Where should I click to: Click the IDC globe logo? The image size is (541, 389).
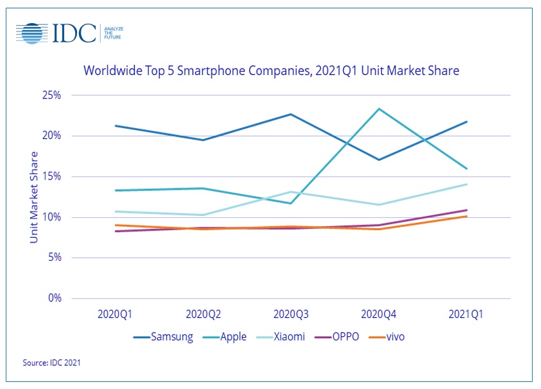click(33, 33)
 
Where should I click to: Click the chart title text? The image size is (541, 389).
click(271, 70)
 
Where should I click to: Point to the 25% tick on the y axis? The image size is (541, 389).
click(52, 95)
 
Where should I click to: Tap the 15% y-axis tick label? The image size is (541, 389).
click(52, 177)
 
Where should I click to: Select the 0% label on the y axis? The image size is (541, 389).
click(55, 299)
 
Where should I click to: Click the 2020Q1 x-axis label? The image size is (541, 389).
click(116, 315)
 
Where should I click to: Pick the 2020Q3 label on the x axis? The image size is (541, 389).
click(291, 315)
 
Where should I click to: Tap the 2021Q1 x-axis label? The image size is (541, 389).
click(467, 315)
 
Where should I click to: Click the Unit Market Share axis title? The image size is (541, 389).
click(34, 197)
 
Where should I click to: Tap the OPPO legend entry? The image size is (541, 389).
click(339, 336)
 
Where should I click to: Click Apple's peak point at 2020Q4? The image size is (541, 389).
click(379, 109)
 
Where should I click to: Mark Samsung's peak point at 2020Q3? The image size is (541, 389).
click(291, 114)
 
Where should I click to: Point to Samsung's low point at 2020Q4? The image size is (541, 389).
click(379, 160)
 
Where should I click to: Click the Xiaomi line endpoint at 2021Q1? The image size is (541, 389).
click(467, 184)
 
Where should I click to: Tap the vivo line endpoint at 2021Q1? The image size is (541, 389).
click(467, 216)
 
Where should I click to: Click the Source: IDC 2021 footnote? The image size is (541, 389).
click(52, 363)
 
